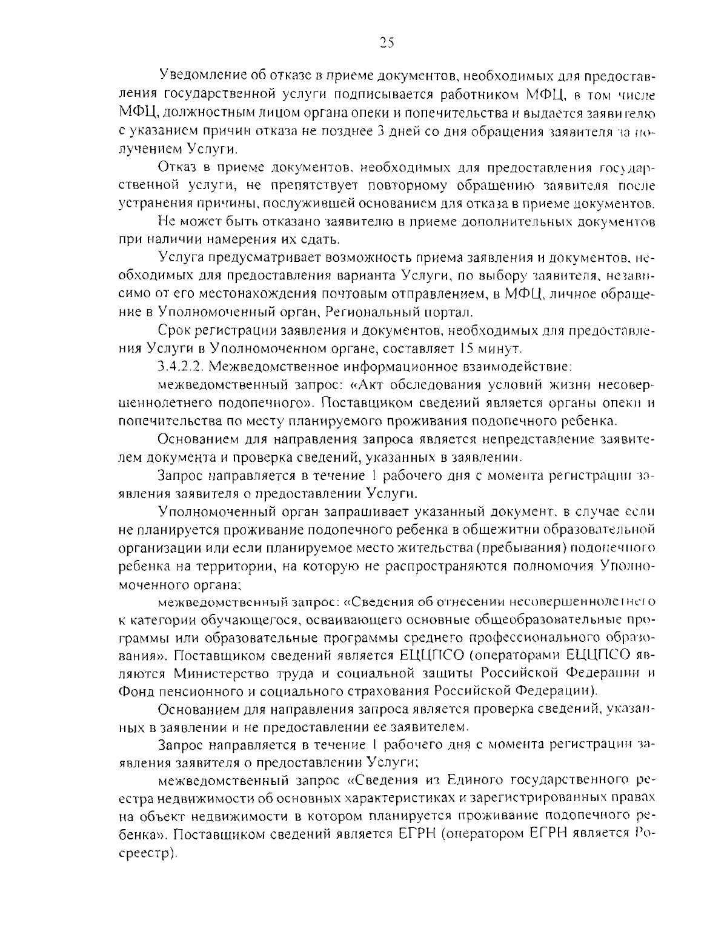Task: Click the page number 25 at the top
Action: point(387,42)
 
